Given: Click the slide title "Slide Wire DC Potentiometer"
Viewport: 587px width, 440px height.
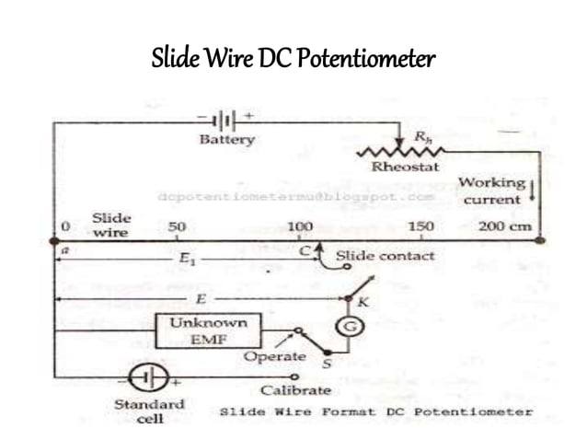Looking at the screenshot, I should coord(293,61).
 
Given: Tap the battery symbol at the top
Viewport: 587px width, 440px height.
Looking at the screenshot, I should coord(224,121).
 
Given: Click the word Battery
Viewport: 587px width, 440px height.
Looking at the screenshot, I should coord(226,140).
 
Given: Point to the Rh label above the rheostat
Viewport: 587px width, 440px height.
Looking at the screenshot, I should coord(419,134).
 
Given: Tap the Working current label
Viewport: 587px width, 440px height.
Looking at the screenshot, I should coord(492,191).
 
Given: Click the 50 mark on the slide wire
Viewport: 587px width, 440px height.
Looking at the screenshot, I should coord(178,226).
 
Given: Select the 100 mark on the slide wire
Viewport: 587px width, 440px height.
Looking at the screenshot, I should coord(300,226).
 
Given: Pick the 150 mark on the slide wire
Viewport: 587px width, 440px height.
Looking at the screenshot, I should coord(420,226).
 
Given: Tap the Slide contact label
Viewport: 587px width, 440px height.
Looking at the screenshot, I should coord(385,255).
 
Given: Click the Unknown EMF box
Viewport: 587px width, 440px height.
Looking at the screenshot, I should coord(208,330).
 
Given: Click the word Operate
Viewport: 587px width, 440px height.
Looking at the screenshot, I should coord(274,355).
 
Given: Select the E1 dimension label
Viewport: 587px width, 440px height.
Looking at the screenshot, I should coord(187,262).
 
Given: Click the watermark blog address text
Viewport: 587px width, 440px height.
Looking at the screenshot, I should coord(294,197).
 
